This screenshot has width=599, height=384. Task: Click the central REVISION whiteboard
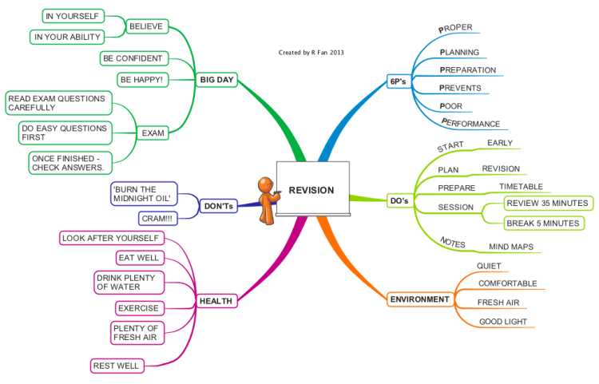point(312,189)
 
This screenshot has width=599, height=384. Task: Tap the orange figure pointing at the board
point(268,200)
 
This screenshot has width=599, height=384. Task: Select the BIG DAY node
point(216,80)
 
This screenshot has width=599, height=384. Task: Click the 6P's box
point(398,81)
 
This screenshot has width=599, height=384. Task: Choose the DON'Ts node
point(219,206)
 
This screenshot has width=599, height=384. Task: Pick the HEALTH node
point(216,301)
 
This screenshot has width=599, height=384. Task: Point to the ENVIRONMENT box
point(420,299)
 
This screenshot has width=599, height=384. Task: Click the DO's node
point(399,200)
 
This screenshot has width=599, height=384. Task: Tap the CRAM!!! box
point(157,218)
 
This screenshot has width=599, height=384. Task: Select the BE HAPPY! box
point(142,80)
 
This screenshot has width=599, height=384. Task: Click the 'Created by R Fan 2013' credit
point(311,53)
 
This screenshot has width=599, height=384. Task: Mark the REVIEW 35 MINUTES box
point(548,203)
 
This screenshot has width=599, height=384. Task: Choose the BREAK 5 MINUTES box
point(544,224)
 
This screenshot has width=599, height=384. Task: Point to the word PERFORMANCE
point(470,123)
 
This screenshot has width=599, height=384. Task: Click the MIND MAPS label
point(511,247)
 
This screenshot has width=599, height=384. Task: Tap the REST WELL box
point(117,366)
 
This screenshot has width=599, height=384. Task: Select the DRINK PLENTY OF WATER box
point(129,283)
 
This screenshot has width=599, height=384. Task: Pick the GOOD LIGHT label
point(503,322)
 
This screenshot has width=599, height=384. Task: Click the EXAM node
point(153,133)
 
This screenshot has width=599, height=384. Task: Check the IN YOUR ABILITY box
point(67,37)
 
